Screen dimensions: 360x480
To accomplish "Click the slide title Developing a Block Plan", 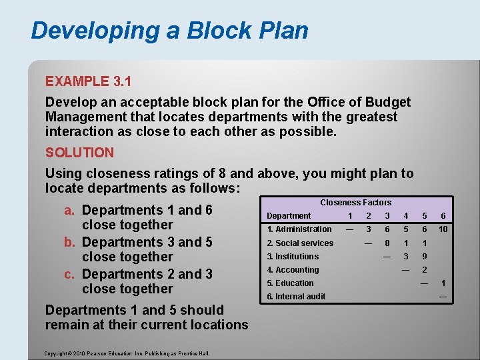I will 169,31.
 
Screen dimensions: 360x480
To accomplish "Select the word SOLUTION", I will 79,152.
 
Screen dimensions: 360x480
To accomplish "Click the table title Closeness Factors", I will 355,202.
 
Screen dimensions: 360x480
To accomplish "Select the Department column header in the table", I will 289,215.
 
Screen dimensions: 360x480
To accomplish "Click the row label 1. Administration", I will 299,229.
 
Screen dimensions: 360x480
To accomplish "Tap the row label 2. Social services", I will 300,243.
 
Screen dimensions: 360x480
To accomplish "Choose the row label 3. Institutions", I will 293,256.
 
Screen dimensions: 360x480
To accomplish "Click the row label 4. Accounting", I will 293,269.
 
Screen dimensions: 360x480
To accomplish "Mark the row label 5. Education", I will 290,283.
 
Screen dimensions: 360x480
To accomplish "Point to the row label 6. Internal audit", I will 296,296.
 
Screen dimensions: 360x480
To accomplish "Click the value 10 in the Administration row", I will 443,229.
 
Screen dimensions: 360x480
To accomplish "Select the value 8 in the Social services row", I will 387,243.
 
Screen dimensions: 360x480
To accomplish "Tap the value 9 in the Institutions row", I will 424,256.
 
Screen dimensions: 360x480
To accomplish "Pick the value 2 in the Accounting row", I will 424,269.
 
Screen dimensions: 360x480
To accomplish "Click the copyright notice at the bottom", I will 127,353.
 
